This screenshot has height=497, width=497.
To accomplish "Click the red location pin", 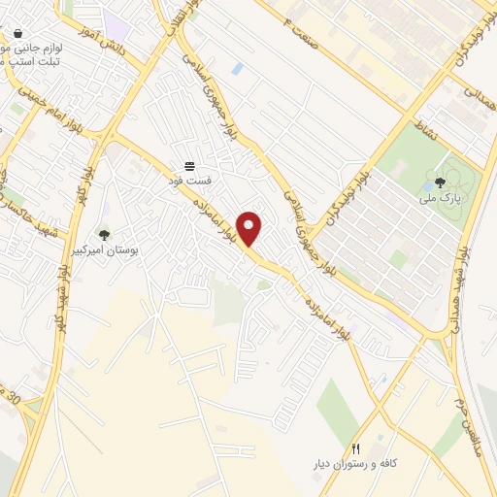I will coord(250,228).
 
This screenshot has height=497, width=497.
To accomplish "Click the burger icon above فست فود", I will coord(190,165).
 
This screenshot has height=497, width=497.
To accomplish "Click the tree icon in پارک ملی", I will coord(440,182).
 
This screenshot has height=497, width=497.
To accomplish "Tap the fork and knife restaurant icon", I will coord(355,449).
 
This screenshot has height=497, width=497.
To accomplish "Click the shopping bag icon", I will coord(18,33).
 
